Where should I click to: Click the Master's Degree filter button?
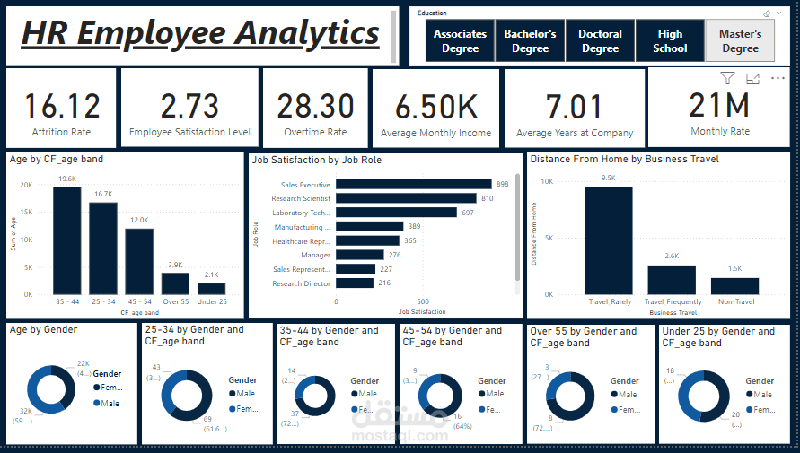coord(740,41)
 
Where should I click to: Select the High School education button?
coord(670,41)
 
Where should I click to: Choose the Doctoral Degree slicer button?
coord(600,41)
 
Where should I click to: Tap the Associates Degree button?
coord(460,41)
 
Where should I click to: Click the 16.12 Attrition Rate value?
coord(61,106)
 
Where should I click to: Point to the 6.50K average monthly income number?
coord(436,107)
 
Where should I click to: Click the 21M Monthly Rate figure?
coord(718,105)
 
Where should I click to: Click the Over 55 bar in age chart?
coord(175,283)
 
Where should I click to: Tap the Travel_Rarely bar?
coord(608,240)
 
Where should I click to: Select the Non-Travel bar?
coord(734,286)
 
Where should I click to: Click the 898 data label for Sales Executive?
coord(502,184)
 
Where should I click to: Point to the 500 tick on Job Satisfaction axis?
coord(423,301)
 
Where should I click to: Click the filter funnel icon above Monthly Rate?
coord(727,79)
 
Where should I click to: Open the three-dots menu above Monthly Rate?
coord(778,79)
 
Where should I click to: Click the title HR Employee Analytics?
coord(200,33)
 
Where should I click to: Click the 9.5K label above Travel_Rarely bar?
coord(608,178)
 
